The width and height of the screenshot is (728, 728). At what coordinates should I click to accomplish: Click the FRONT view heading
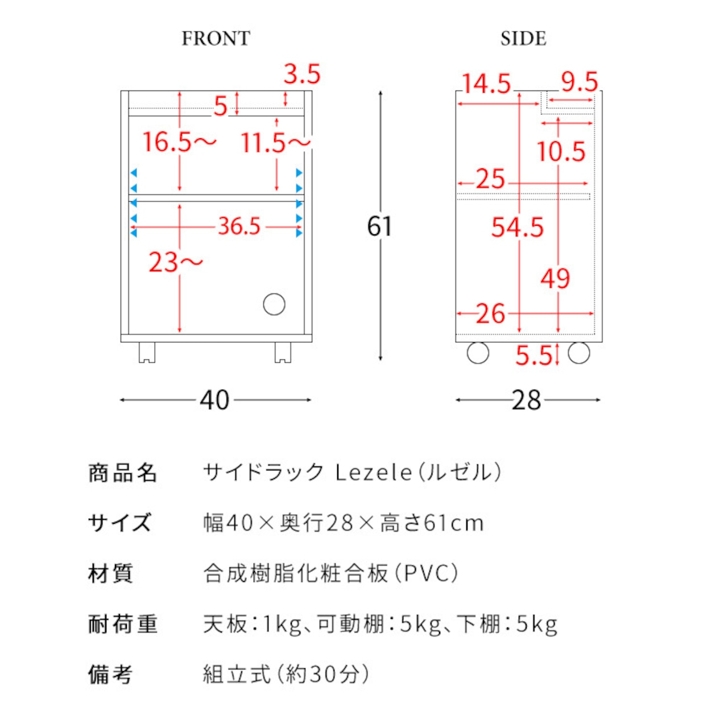pyautogui.click(x=216, y=39)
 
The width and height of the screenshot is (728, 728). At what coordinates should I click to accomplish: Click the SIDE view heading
pyautogui.click(x=523, y=39)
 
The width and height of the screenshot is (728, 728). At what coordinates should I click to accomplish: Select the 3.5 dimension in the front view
pyautogui.click(x=302, y=74)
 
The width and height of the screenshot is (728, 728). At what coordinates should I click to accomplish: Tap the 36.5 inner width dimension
pyautogui.click(x=239, y=226)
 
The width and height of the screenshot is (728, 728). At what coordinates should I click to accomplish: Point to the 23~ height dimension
pyautogui.click(x=176, y=262)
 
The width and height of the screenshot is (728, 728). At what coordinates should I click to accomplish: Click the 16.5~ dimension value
pyautogui.click(x=180, y=142)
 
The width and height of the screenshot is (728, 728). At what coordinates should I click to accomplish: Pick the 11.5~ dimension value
pyautogui.click(x=276, y=143)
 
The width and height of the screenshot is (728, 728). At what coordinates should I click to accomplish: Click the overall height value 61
pyautogui.click(x=379, y=226)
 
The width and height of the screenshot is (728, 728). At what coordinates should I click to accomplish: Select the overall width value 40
pyautogui.click(x=214, y=400)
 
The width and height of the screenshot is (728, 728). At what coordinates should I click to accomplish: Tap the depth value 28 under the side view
pyautogui.click(x=526, y=400)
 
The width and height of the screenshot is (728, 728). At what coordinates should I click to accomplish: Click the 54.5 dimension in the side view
pyautogui.click(x=517, y=227)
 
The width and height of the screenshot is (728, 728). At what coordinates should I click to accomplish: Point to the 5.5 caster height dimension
pyautogui.click(x=534, y=355)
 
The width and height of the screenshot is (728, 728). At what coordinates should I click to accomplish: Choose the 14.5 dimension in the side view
pyautogui.click(x=486, y=84)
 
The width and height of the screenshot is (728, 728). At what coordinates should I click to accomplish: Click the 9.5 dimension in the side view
pyautogui.click(x=580, y=81)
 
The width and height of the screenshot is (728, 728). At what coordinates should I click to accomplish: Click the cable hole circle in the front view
pyautogui.click(x=274, y=304)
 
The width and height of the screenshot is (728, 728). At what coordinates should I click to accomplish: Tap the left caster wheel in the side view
pyautogui.click(x=478, y=353)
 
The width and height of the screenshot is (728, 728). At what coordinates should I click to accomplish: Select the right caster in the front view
pyautogui.click(x=283, y=353)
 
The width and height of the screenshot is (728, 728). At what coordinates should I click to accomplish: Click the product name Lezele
pyautogui.click(x=373, y=473)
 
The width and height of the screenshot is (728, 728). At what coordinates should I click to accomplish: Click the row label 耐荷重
pyautogui.click(x=123, y=624)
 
